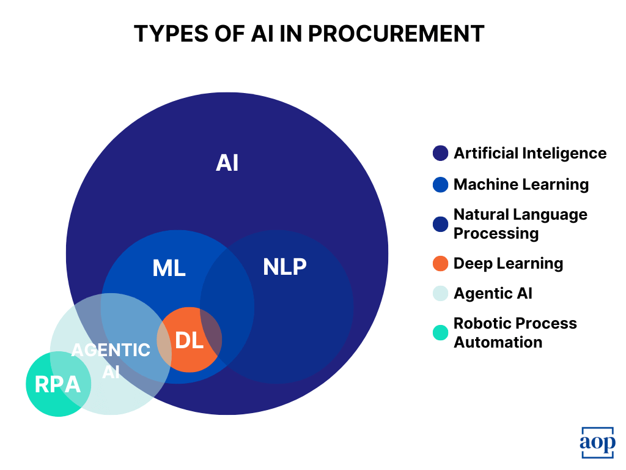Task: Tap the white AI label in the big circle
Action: coord(227,163)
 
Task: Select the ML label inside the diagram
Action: coord(169,268)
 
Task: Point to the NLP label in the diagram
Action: coord(284,267)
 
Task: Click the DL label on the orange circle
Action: coord(189,341)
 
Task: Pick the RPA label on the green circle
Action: coord(57,384)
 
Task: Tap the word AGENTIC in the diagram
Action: coord(111,350)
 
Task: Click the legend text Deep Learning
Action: coord(508,263)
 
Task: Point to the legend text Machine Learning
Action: coord(521,184)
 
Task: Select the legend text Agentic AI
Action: coord(493,293)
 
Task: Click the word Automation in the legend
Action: coord(498,342)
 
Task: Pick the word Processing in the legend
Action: coord(496,233)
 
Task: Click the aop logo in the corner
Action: coord(597,442)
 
